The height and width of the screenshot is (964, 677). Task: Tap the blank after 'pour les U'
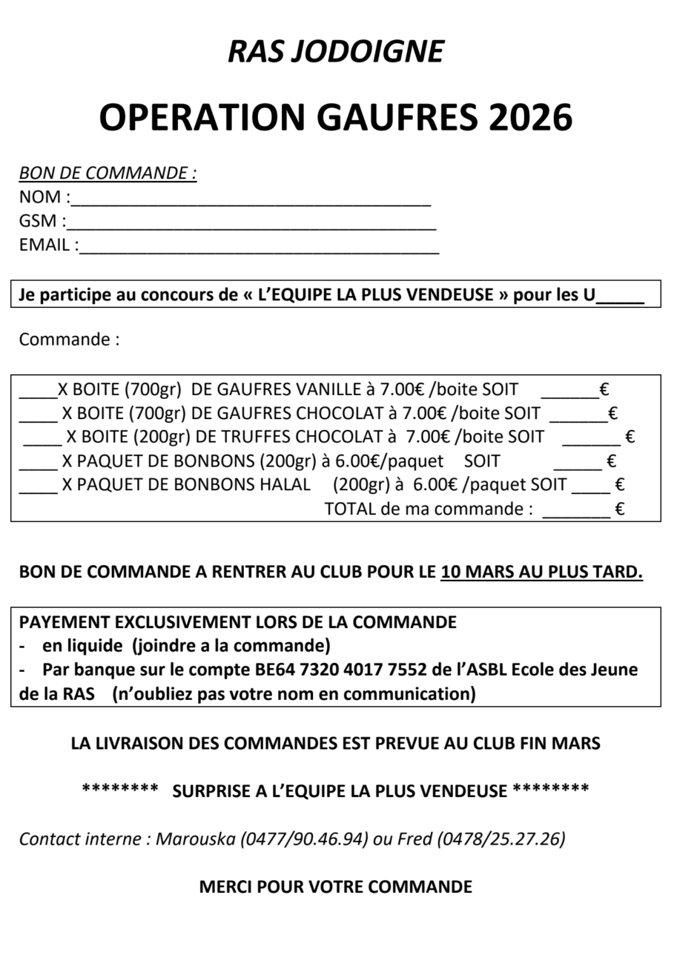(620, 300)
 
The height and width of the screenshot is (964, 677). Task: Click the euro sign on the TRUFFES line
(630, 437)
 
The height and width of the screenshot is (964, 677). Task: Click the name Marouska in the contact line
(196, 839)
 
